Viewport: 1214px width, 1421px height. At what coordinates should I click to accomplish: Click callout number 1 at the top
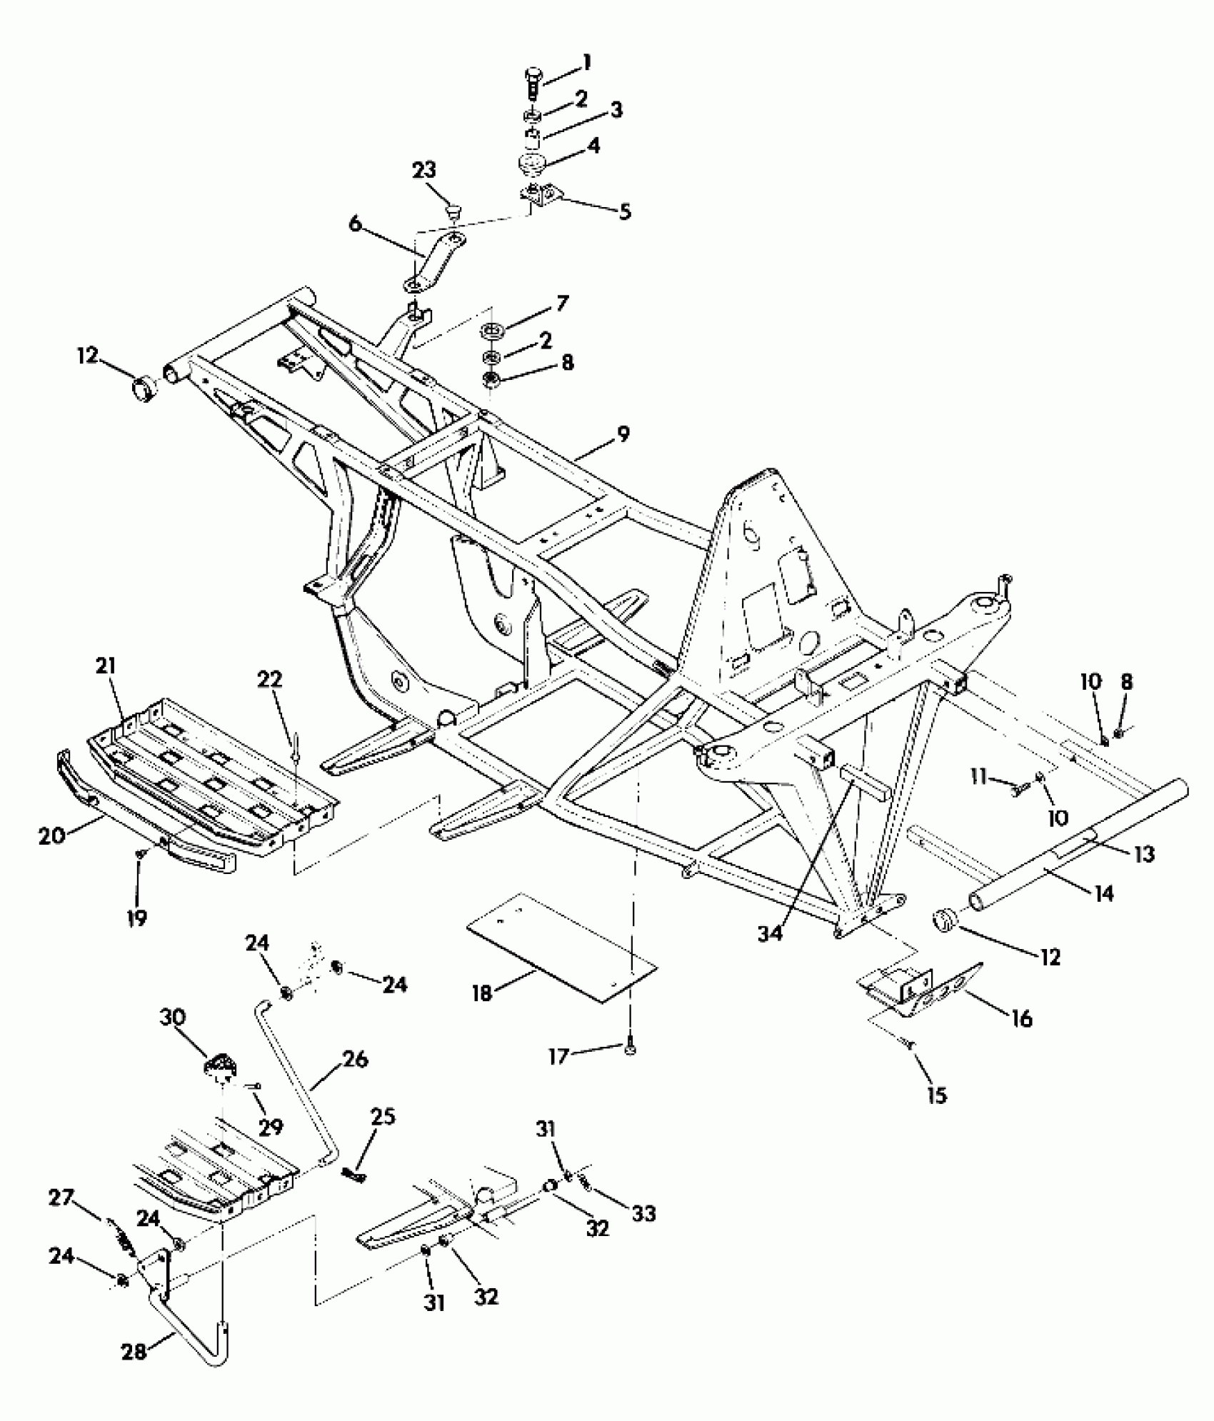pos(586,63)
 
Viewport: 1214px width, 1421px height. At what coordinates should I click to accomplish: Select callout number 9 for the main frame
pos(623,434)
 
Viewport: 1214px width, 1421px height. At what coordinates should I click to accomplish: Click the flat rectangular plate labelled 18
pos(561,947)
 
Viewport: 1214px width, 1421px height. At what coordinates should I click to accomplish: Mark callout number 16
pos(1022,1018)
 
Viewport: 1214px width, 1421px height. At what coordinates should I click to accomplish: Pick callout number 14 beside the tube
pos(1103,893)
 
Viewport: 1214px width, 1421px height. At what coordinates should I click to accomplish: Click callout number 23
pos(423,171)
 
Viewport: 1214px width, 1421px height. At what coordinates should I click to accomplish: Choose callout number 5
pos(625,211)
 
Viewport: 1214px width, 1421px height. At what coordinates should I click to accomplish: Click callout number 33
pos(643,1213)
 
